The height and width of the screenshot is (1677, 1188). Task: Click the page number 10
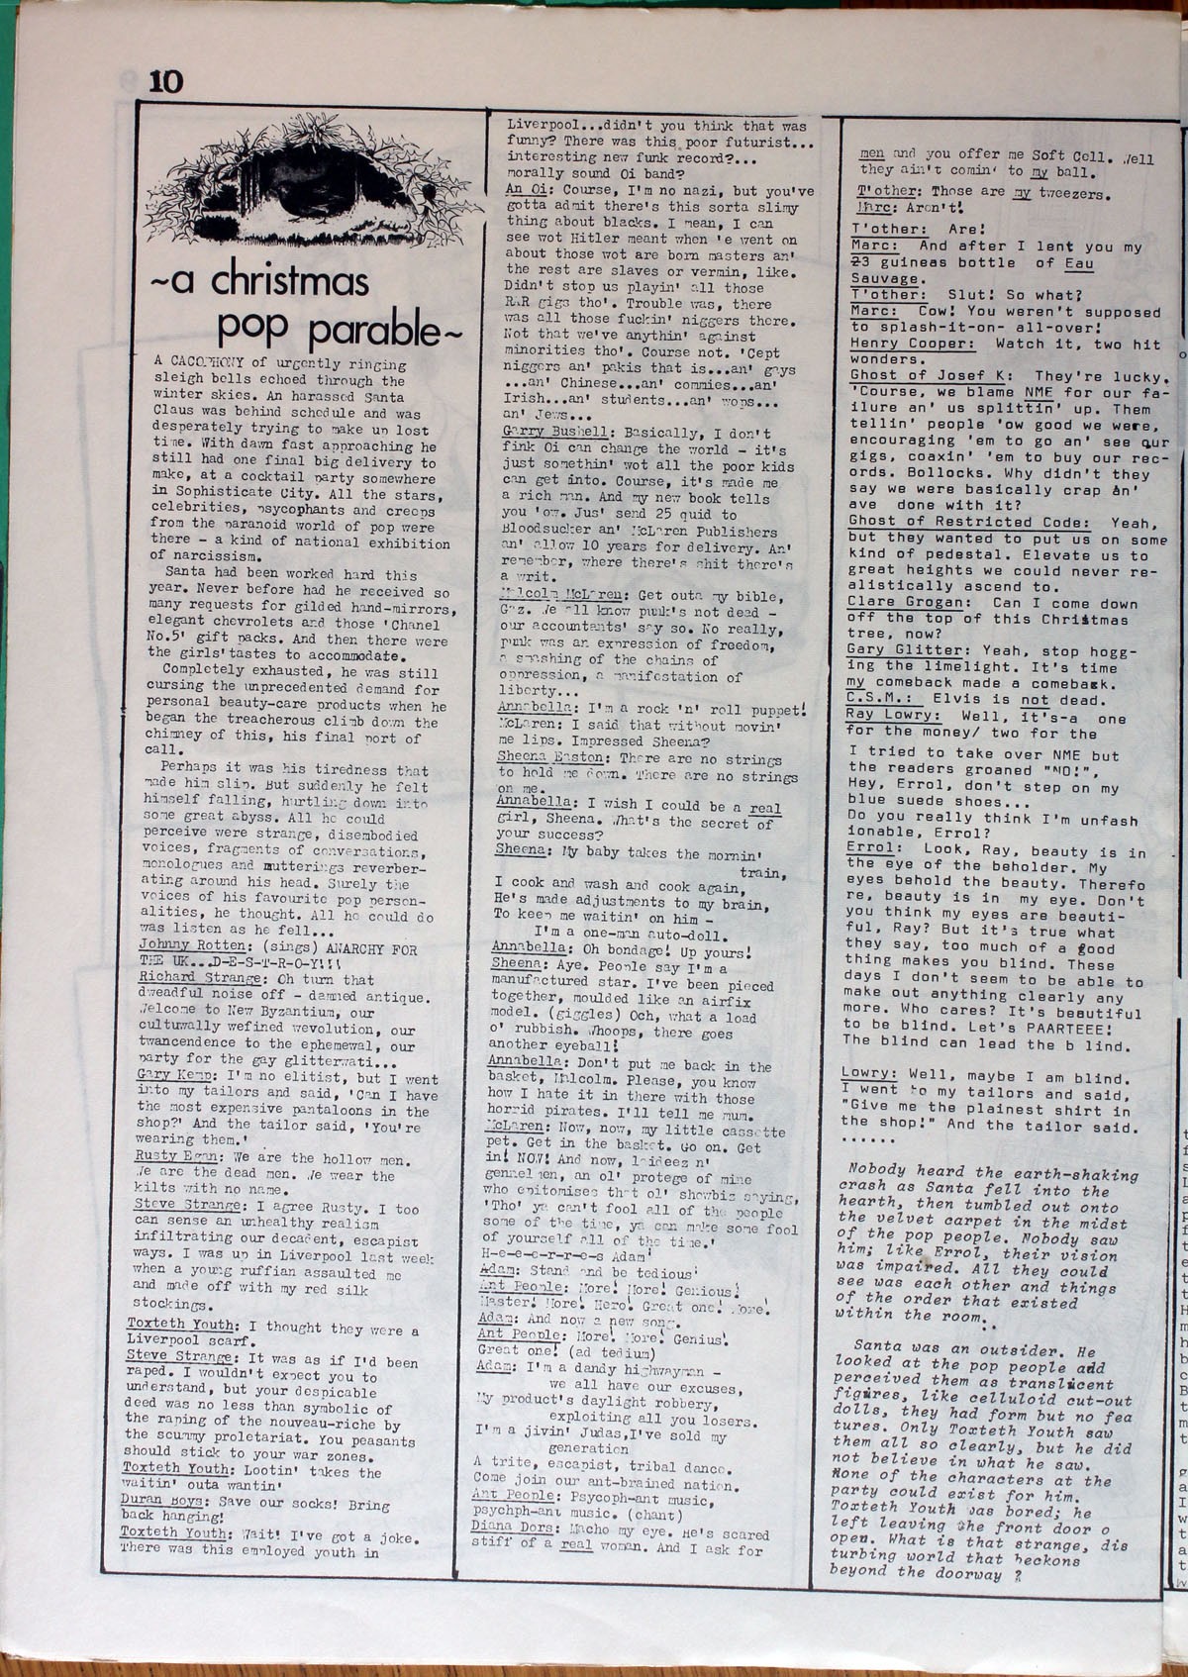coord(166,81)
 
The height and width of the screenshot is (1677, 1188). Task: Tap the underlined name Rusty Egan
coord(176,1155)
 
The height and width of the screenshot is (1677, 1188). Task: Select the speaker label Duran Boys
coord(161,1501)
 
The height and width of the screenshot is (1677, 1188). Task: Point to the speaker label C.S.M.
coord(872,699)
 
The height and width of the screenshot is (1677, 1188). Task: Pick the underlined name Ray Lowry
coord(887,715)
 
